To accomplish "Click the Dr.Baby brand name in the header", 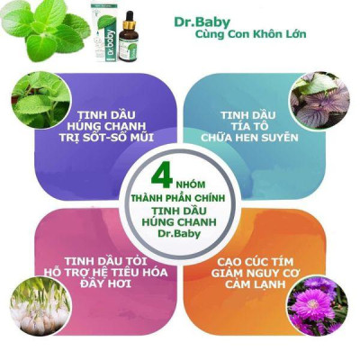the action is coord(202,22).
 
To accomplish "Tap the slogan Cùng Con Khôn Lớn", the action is coord(251,34).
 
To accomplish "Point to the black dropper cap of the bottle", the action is coord(130,17).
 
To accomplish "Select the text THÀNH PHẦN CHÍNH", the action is coord(179,198).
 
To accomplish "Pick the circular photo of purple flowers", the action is coord(317,306).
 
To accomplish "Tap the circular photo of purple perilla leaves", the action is coord(319,101).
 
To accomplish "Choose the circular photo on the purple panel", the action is coord(40,100).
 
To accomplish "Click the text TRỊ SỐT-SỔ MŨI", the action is coord(106,138).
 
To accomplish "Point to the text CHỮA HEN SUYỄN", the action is coord(249,138).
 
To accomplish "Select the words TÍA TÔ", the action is coord(247,126).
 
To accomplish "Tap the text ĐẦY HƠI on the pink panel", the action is coord(106,283).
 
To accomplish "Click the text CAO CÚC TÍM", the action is coord(255,262).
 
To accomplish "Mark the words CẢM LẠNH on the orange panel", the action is coord(255,283).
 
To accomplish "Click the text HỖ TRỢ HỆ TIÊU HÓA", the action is coord(105,273).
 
